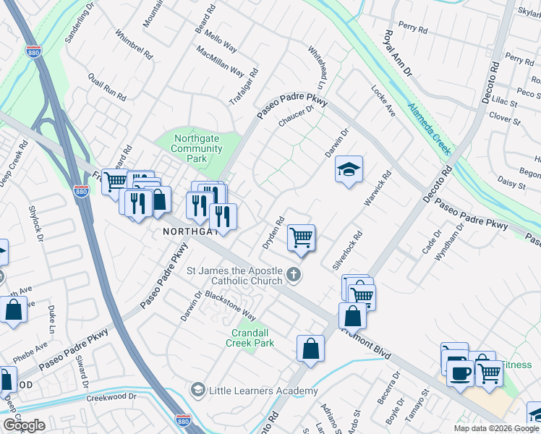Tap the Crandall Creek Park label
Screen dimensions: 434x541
coord(252,338)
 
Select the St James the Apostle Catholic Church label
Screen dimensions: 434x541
coord(235,276)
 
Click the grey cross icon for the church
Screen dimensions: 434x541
coord(293,274)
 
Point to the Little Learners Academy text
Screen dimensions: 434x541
coord(263,391)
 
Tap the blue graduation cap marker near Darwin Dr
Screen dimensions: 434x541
coord(349,170)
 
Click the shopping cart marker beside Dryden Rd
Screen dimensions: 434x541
coord(301,238)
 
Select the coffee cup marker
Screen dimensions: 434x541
coord(460,373)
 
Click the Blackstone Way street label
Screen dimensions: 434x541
coord(230,306)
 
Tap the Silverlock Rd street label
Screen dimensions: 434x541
coord(347,251)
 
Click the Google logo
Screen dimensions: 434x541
coord(25,425)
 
